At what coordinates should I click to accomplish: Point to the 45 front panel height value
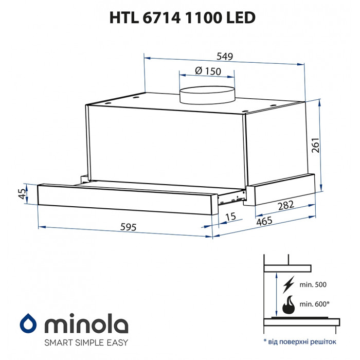point(22,193)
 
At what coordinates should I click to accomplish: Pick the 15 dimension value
point(230,218)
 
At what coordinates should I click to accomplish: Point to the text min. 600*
point(315,304)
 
